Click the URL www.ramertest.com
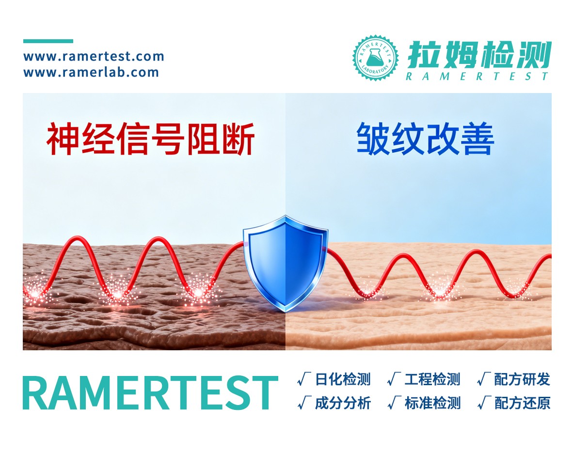click(94, 57)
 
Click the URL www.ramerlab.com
click(91, 73)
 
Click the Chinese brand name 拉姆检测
click(479, 54)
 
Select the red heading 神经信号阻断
click(150, 139)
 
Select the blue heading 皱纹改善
click(426, 139)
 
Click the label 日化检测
click(343, 379)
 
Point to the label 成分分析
click(343, 403)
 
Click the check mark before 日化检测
click(304, 379)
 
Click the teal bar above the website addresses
click(48, 41)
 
